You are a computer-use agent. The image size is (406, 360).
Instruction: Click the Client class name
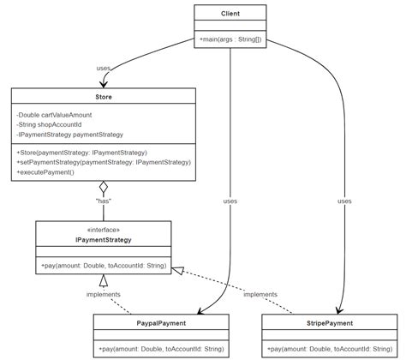point(230,15)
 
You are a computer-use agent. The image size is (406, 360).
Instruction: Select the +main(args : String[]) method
point(230,40)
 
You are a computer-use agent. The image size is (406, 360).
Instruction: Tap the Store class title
point(104,97)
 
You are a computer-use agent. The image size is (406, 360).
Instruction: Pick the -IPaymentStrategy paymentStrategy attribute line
point(69,135)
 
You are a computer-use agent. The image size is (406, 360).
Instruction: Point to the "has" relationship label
point(104,201)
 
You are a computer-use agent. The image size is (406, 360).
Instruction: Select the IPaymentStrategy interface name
point(104,240)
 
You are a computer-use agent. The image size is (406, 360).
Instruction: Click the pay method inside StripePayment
point(330,349)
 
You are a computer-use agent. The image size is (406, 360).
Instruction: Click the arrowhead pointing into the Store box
point(104,83)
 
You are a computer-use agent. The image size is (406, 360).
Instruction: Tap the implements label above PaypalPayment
point(104,295)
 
